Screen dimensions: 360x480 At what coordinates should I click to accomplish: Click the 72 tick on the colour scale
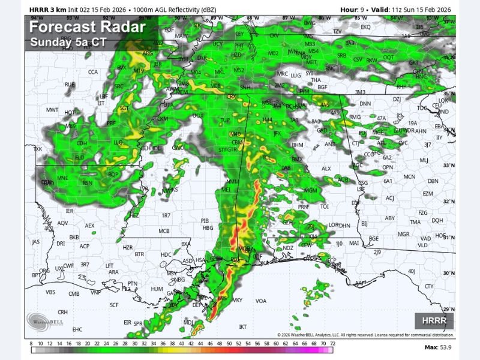pyautogui.click(x=332, y=344)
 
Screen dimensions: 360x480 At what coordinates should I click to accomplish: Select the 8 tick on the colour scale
pyautogui.click(x=31, y=344)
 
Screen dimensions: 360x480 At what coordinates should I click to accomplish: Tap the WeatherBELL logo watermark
pyautogui.click(x=45, y=320)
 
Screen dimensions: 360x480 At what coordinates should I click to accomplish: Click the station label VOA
pyautogui.click(x=261, y=301)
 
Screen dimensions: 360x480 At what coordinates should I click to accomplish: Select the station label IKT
pyautogui.click(x=243, y=327)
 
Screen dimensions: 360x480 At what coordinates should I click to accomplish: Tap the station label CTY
pyautogui.click(x=428, y=286)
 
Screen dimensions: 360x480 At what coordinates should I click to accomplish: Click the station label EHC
pyautogui.click(x=77, y=329)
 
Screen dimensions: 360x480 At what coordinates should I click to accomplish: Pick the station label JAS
pyautogui.click(x=36, y=242)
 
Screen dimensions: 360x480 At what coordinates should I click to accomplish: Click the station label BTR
pyautogui.click(x=140, y=254)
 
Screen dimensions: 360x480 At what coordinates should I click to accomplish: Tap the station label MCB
pyautogui.click(x=164, y=231)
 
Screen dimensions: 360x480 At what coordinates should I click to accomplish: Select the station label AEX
pyautogui.click(x=89, y=226)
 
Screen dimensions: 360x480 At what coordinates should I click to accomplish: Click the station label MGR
pyautogui.click(x=403, y=234)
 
